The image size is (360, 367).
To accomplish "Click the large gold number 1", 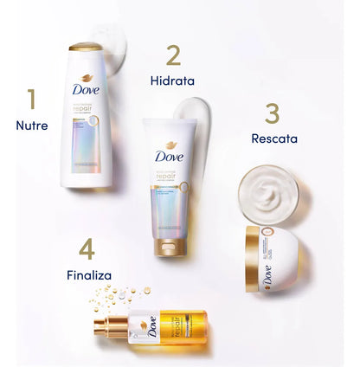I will [32, 100].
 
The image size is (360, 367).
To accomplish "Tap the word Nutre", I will [32, 126].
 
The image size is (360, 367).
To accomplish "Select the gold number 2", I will [173, 55].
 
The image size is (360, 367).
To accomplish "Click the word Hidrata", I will [171, 81].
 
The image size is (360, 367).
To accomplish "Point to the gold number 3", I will [272, 114].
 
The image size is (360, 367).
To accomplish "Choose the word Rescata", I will [273, 138].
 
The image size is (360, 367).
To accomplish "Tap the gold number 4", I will [87, 249].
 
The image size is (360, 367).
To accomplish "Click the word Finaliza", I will [89, 275].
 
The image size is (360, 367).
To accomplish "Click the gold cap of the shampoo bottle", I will [85, 48].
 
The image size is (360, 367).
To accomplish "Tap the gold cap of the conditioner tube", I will [166, 246].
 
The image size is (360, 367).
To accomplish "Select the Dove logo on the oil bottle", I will [152, 328].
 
